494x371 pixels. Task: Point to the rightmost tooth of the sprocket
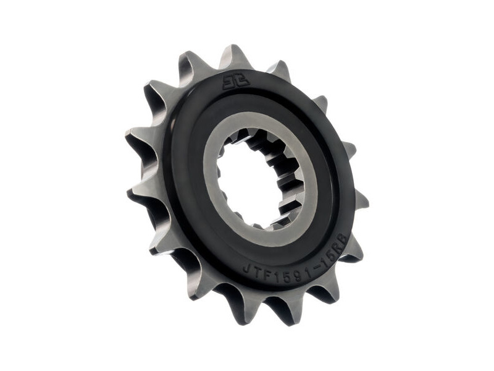tap(360, 199)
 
